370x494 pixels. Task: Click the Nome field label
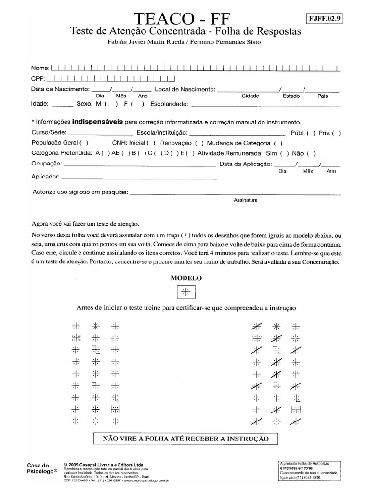(40, 68)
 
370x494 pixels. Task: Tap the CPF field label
(38, 79)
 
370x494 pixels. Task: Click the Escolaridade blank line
(265, 104)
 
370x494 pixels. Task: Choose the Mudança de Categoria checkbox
(278, 143)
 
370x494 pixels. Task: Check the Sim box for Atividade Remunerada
(284, 154)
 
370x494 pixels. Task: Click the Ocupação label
(46, 165)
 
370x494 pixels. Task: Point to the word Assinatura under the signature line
(246, 199)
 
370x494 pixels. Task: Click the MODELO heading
(186, 278)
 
